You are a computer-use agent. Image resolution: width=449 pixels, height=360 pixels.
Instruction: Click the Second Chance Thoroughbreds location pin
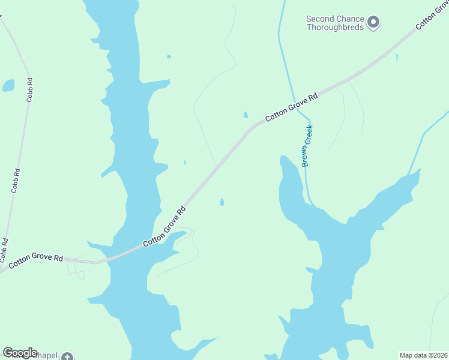[373, 23]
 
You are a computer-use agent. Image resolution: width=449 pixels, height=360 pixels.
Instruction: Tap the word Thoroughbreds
[335, 28]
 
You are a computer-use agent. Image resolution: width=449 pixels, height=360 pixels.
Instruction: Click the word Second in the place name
[321, 19]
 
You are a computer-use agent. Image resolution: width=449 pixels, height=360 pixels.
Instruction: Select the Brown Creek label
[309, 146]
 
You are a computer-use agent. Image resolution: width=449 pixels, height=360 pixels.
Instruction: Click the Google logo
[20, 352]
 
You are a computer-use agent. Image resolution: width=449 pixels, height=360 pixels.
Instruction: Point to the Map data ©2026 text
[423, 355]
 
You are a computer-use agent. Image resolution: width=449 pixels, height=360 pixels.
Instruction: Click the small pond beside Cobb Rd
[8, 85]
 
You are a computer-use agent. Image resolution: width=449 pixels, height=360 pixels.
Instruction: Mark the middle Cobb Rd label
[16, 179]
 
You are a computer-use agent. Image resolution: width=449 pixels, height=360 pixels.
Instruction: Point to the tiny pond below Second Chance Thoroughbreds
[397, 58]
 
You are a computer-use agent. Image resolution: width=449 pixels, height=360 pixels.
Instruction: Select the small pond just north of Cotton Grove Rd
[245, 115]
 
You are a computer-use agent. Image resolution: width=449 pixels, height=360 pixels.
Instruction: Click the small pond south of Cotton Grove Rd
[222, 202]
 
